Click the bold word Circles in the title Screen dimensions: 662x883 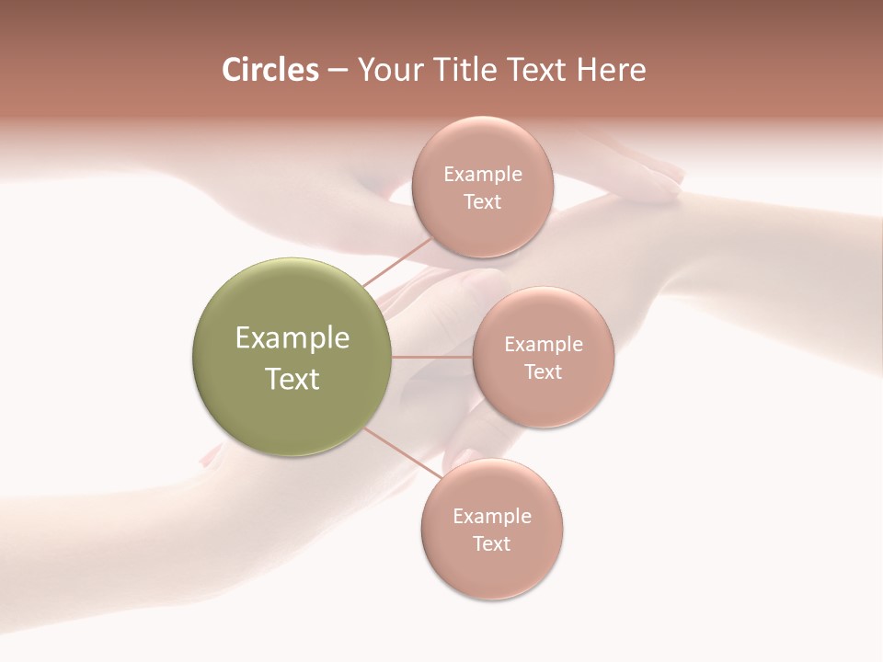pos(270,70)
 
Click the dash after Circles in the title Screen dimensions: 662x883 pos(338,71)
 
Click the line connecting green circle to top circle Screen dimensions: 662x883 pos(398,262)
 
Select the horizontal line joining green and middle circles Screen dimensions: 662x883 pos(431,357)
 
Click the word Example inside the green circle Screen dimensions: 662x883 pos(292,338)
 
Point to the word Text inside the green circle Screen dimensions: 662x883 pos(292,379)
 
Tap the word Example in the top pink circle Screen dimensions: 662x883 pos(482,175)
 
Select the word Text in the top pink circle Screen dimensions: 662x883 pos(482,202)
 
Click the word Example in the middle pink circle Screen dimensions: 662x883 pos(543,345)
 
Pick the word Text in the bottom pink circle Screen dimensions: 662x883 pos(492,544)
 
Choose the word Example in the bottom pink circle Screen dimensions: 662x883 pos(492,517)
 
